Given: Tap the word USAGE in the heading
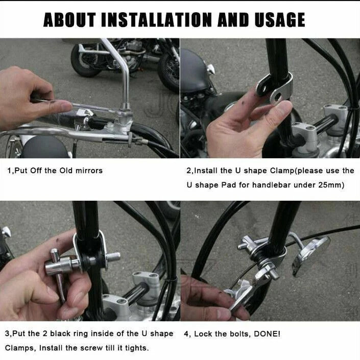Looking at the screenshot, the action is pos(280,20).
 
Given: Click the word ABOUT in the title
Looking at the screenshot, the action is pos(69,20).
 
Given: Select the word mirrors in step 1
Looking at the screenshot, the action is pos(89,171).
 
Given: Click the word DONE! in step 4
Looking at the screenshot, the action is pos(267,333).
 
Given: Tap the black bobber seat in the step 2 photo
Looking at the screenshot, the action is pos(194,70).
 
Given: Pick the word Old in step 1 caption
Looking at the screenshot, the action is pos(66,171).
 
